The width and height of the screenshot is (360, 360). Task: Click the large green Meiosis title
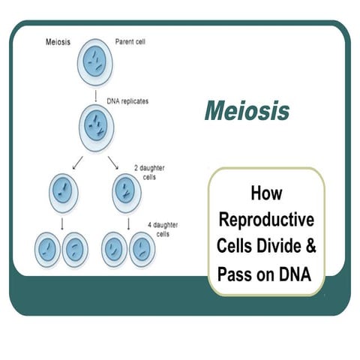[x=246, y=111]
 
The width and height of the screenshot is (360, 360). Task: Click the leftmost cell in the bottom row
[x=49, y=250]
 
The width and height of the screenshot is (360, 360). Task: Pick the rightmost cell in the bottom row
[x=144, y=250]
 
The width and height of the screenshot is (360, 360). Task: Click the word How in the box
[x=266, y=193]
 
